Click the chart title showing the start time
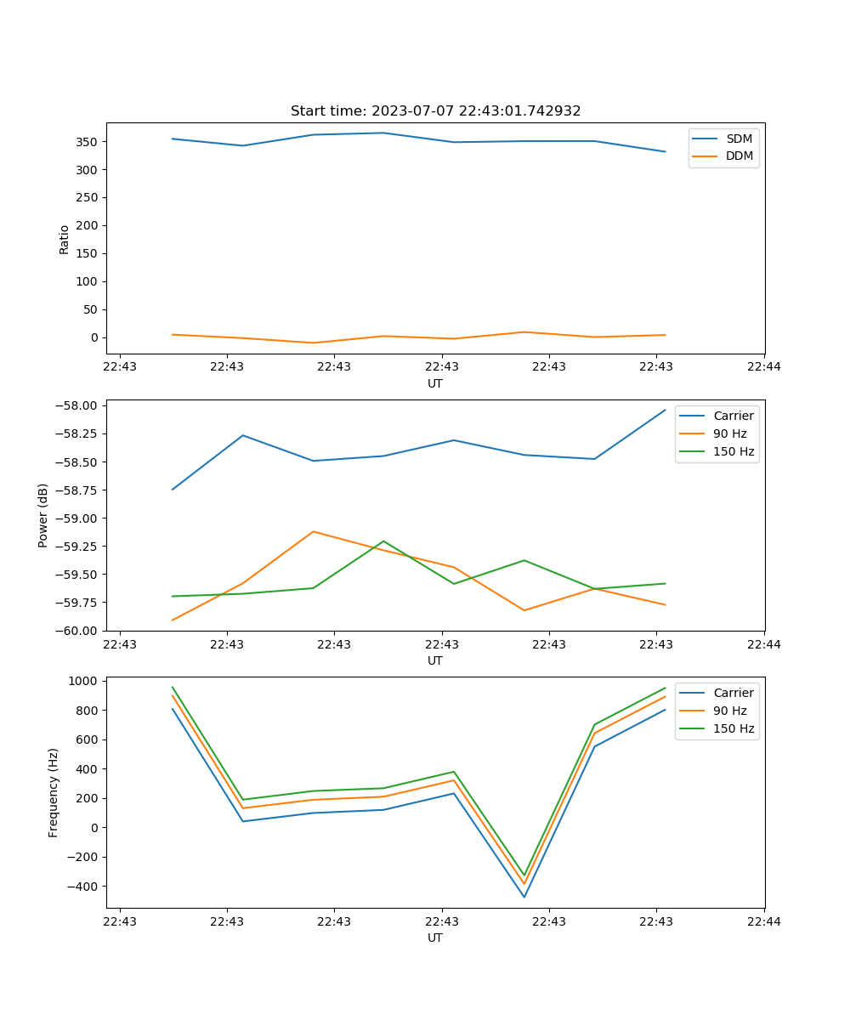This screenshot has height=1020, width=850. click(x=435, y=111)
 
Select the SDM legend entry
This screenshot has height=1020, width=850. click(x=739, y=139)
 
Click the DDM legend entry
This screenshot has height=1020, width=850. click(x=739, y=156)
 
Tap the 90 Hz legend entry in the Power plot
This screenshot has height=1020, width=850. click(x=730, y=433)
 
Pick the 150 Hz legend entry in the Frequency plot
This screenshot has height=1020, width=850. click(x=734, y=728)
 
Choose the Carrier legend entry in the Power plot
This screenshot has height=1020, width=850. click(x=733, y=416)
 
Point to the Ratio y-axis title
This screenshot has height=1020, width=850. click(x=65, y=239)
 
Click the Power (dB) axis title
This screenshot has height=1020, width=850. click(x=43, y=515)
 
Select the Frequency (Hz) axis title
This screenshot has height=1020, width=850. click(x=54, y=792)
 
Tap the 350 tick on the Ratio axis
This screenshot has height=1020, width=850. click(x=88, y=142)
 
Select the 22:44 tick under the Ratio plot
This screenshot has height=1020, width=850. click(x=764, y=366)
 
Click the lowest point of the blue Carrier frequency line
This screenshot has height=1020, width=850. click(x=524, y=897)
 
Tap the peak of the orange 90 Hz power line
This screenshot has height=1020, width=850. click(x=314, y=531)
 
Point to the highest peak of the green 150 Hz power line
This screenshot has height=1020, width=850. click(x=383, y=541)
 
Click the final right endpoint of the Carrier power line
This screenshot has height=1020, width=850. click(x=666, y=410)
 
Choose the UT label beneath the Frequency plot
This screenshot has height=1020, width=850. click(x=435, y=938)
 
